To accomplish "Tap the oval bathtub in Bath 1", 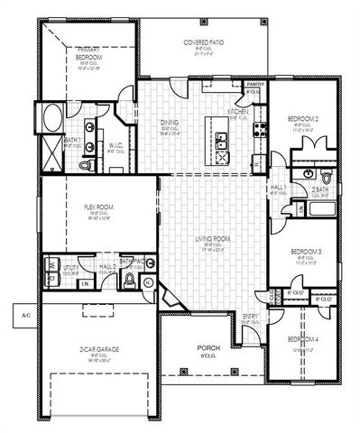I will click(x=51, y=118).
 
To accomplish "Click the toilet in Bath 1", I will click(x=86, y=166).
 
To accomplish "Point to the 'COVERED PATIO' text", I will click(x=204, y=41).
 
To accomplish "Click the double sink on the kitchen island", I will click(x=221, y=142).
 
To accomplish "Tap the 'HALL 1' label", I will click(x=278, y=187).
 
